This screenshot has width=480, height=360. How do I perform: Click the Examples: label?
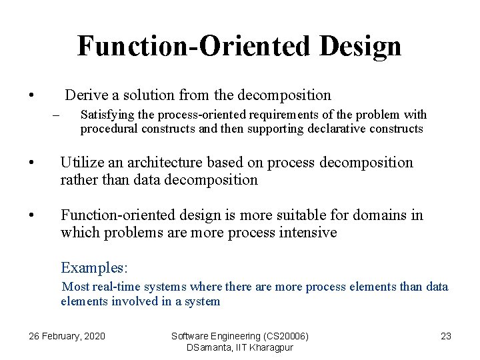[x=94, y=268]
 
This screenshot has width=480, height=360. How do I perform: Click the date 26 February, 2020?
[x=67, y=336]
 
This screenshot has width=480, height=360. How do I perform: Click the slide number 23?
[x=446, y=336]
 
